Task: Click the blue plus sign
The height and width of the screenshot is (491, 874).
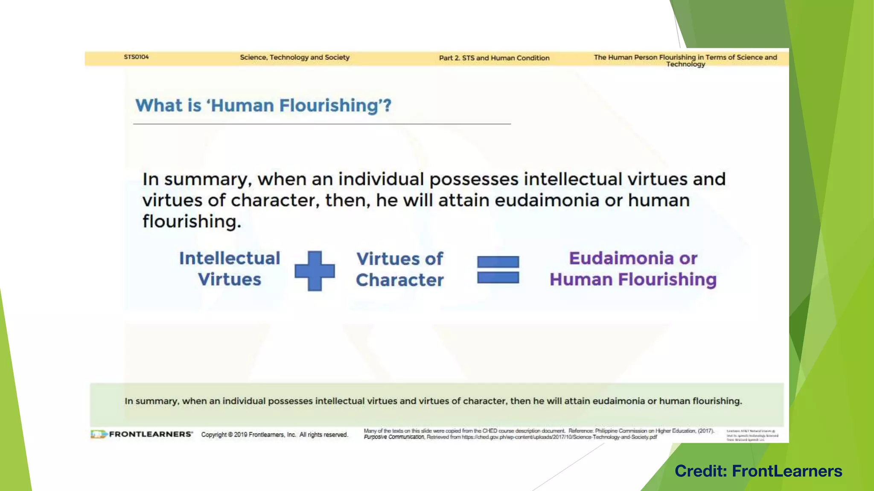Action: (315, 271)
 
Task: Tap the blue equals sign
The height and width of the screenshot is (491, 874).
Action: (498, 269)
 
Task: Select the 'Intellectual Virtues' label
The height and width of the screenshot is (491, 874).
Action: (230, 269)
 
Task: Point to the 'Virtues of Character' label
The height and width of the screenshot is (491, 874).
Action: (400, 269)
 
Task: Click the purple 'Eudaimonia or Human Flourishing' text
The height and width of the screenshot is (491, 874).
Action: (633, 269)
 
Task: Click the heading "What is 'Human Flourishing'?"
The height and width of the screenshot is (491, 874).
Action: (263, 105)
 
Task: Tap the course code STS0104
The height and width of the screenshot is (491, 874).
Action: (136, 57)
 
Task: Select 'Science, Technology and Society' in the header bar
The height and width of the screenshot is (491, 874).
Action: (294, 57)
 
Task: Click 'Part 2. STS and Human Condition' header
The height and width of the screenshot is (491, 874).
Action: (494, 58)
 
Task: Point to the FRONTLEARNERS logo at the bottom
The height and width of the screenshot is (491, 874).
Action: (142, 434)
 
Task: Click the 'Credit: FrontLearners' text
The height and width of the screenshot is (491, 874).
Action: (758, 471)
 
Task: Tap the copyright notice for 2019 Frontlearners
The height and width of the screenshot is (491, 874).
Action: (274, 435)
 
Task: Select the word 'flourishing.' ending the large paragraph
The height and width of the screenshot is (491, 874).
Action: (192, 222)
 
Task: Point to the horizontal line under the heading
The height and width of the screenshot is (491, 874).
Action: (322, 124)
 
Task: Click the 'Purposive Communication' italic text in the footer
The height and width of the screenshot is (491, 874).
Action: (394, 437)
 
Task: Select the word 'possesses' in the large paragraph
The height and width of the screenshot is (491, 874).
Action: (474, 179)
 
